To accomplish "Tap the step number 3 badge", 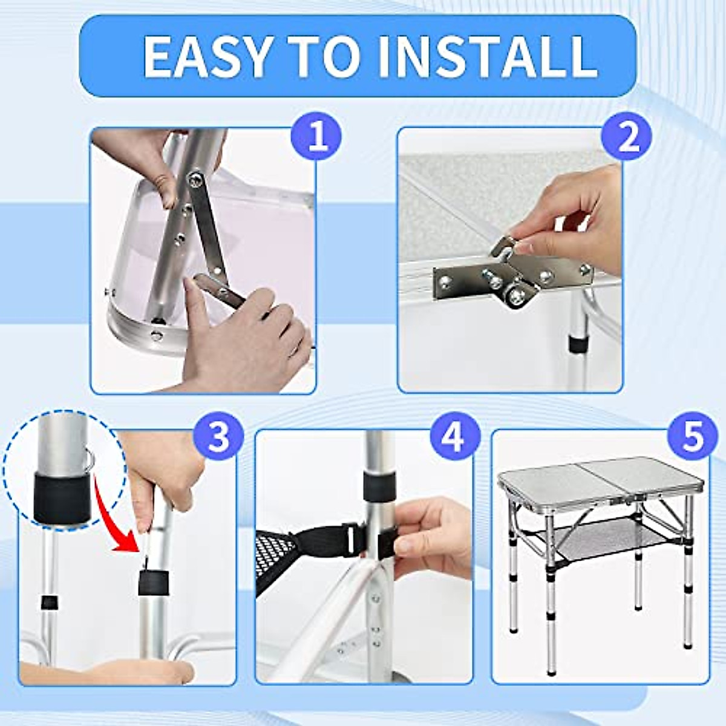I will pyautogui.click(x=218, y=437).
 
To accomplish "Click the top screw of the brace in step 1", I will pyautogui.click(x=195, y=178).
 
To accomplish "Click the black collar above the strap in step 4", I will pyautogui.click(x=379, y=485).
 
